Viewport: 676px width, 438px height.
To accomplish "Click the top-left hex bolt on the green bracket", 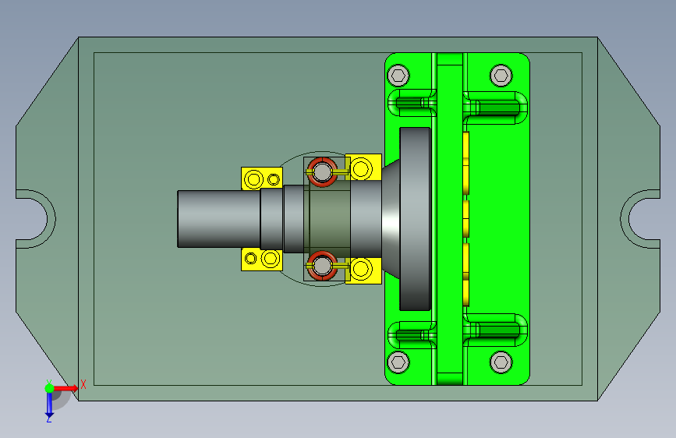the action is point(398,76).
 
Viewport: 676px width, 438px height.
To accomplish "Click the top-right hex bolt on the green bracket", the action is point(501,76).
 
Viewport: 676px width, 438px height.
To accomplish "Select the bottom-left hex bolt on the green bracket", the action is point(398,362).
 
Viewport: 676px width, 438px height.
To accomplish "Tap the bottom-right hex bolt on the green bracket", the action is point(501,362).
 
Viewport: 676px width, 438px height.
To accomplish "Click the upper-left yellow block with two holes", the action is point(262,178).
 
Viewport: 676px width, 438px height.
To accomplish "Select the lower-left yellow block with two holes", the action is point(262,259).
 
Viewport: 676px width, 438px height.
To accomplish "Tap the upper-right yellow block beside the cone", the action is point(363,168).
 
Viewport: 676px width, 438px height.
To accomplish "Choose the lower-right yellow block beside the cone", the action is point(363,270).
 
